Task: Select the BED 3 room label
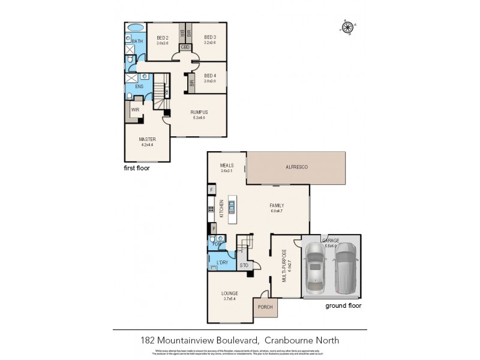(209, 37)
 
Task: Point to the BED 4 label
(209, 75)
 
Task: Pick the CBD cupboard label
(185, 47)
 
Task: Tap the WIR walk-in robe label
(136, 110)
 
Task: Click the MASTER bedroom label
(147, 139)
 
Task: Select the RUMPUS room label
(199, 112)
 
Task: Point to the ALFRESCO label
(296, 167)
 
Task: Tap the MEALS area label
(226, 166)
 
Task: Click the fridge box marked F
(212, 190)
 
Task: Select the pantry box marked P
(212, 229)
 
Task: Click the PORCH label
(265, 307)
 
